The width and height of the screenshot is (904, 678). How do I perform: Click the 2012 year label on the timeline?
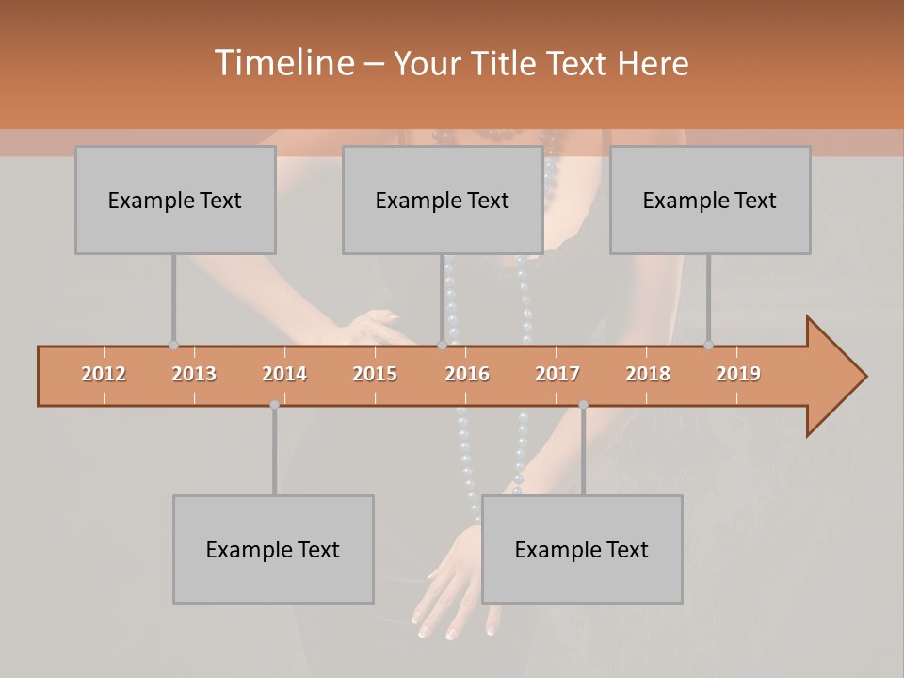point(104,374)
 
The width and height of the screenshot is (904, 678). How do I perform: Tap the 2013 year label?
point(194,374)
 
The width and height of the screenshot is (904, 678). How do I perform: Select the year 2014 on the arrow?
point(284,374)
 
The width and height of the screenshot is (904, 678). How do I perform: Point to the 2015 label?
point(375,374)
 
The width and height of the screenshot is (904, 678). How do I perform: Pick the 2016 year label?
point(467,374)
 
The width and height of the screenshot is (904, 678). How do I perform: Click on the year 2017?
point(557,374)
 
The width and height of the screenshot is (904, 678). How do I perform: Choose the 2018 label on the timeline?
point(648,374)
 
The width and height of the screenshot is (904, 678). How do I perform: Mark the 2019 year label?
point(738,374)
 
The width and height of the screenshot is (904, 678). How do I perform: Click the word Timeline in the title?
point(283,63)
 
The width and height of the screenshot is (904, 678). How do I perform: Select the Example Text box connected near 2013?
point(175,200)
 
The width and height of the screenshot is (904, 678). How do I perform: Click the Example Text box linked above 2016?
point(443,200)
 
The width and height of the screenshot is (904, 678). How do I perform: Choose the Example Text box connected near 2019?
point(710,200)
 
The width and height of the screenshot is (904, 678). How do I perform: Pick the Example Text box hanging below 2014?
point(273,549)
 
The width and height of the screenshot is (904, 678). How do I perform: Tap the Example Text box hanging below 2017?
point(582,549)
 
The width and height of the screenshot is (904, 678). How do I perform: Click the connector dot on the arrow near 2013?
point(173,346)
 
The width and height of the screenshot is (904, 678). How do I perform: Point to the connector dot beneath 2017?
point(583,405)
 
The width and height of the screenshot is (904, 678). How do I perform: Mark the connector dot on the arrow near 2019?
point(708,346)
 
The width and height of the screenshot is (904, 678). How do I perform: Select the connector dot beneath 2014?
point(274,405)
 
